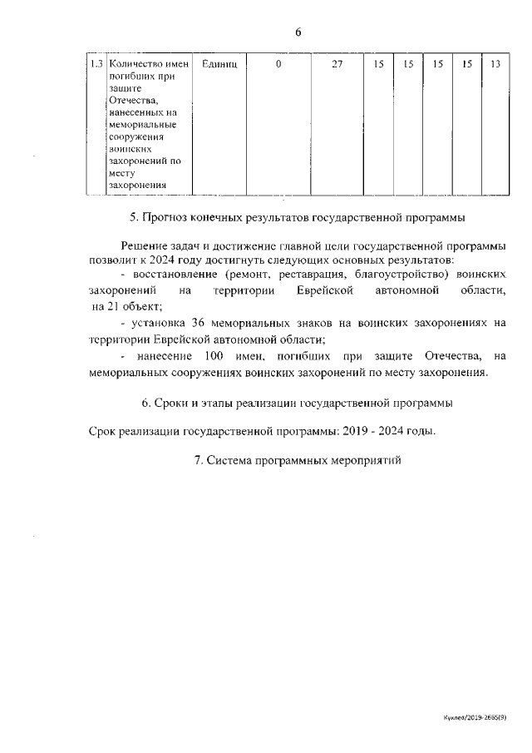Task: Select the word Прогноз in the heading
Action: pyautogui.click(x=165, y=218)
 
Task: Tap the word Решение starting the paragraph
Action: pyautogui.click(x=145, y=245)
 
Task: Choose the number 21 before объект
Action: pyautogui.click(x=111, y=306)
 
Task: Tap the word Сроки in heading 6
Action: pyautogui.click(x=170, y=404)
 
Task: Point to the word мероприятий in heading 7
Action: pyautogui.click(x=362, y=459)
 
